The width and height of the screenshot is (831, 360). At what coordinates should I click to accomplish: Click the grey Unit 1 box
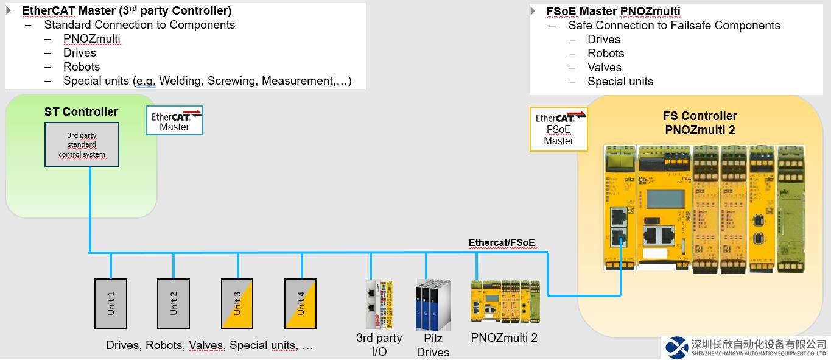(x=111, y=303)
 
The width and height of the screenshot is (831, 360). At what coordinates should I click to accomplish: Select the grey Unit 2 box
(x=174, y=303)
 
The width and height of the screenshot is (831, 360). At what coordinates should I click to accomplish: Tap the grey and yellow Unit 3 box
(x=237, y=303)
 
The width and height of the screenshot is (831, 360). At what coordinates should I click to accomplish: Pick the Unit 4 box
(x=301, y=303)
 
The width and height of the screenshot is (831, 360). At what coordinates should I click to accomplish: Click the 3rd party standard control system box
(x=82, y=144)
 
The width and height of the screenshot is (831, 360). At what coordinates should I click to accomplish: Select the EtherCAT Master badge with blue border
(x=175, y=120)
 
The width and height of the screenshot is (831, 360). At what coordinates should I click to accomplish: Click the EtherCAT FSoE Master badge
(x=558, y=129)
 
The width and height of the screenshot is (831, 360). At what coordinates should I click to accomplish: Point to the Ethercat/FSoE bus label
(x=502, y=242)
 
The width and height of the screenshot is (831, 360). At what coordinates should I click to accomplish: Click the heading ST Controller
(x=81, y=111)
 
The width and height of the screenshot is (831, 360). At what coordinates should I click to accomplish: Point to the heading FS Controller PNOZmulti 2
(x=700, y=122)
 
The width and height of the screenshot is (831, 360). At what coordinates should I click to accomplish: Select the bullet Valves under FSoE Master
(x=604, y=67)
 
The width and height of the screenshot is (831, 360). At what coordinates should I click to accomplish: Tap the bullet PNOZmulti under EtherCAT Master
(x=91, y=39)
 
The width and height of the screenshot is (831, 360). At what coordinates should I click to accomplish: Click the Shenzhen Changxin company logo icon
(x=676, y=347)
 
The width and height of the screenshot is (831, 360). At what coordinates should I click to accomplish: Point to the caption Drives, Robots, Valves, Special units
(x=209, y=345)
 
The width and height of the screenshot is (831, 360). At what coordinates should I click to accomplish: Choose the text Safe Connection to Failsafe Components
(x=674, y=25)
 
